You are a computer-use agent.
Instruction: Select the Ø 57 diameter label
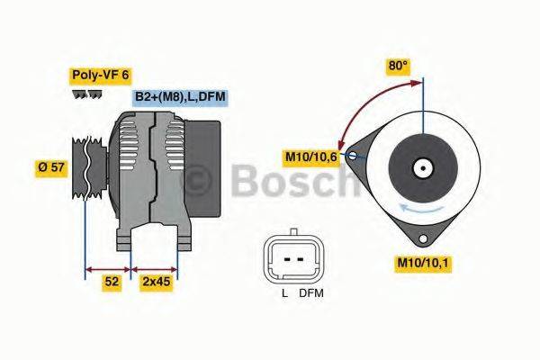coord(51,166)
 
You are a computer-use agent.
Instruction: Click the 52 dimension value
coord(111,282)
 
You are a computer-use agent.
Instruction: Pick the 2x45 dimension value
coord(155,282)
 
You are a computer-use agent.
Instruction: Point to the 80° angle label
coord(397,65)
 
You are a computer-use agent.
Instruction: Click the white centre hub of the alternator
coord(421,167)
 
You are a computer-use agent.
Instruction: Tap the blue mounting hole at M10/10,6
coord(353,156)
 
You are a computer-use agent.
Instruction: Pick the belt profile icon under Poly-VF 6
coord(87,93)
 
